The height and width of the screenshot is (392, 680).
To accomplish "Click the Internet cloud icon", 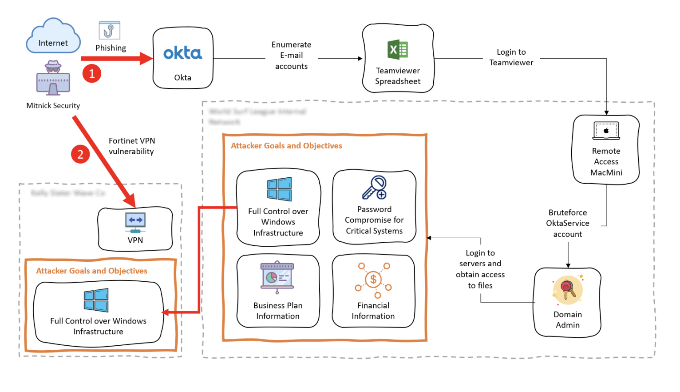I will point(53,36).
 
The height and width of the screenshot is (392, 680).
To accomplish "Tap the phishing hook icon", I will point(109,31).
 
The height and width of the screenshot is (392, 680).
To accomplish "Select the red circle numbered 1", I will point(92,73).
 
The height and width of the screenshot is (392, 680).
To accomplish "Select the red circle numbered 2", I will point(80,154).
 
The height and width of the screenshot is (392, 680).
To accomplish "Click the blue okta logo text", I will point(182,53).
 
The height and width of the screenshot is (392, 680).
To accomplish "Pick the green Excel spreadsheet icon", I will point(398,50).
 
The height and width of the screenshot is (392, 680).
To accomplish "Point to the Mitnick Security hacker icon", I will point(53,78).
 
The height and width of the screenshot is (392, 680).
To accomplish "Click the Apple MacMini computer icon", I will point(606,131).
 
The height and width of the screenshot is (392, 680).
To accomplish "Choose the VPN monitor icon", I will point(135,222).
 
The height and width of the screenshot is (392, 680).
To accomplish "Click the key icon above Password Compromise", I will point(375,188).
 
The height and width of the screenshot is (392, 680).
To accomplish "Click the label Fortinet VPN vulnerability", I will point(131,146).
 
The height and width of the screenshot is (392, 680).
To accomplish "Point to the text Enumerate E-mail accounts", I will point(291,56).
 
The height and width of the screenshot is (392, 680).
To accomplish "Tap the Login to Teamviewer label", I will point(511,57).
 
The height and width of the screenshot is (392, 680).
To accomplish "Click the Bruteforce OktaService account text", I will point(567,223).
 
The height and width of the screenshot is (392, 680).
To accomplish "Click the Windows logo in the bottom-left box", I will point(96,300).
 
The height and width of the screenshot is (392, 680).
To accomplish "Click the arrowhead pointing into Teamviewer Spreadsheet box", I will point(360,59).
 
